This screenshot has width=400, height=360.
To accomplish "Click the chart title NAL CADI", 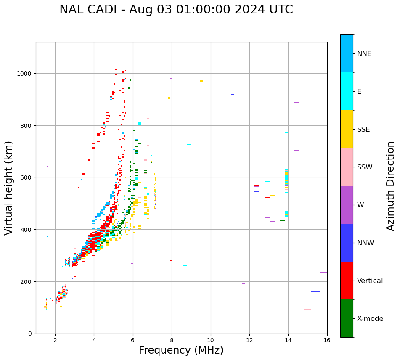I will click(x=176, y=10).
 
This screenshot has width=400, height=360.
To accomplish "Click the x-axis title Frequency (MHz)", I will click(x=181, y=350).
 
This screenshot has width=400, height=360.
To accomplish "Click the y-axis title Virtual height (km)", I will click(x=9, y=188).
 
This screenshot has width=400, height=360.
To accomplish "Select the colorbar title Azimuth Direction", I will click(x=391, y=186).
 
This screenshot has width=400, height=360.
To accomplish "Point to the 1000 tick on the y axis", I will click(x=24, y=74).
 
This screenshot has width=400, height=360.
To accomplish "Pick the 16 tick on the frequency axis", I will click(x=327, y=341).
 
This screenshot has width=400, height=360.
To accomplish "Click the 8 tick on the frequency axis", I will click(x=172, y=341).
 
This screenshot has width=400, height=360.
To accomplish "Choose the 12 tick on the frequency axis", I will click(x=249, y=341).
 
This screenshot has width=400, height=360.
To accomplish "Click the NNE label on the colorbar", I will click(x=364, y=53).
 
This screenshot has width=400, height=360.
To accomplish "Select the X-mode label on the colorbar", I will click(x=370, y=318).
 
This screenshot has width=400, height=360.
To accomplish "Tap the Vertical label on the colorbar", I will click(x=370, y=281).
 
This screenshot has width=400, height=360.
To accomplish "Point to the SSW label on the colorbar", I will click(x=365, y=167).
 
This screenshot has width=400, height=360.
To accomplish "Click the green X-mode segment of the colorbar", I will click(x=347, y=318).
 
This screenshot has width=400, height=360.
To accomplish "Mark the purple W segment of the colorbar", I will click(x=347, y=205).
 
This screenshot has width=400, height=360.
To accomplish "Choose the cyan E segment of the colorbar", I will click(x=347, y=91).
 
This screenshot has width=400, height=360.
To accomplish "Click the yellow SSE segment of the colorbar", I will click(x=347, y=129).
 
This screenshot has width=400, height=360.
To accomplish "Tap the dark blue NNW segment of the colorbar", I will click(x=347, y=243).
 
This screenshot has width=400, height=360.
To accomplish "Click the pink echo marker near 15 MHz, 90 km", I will click(x=307, y=310).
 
